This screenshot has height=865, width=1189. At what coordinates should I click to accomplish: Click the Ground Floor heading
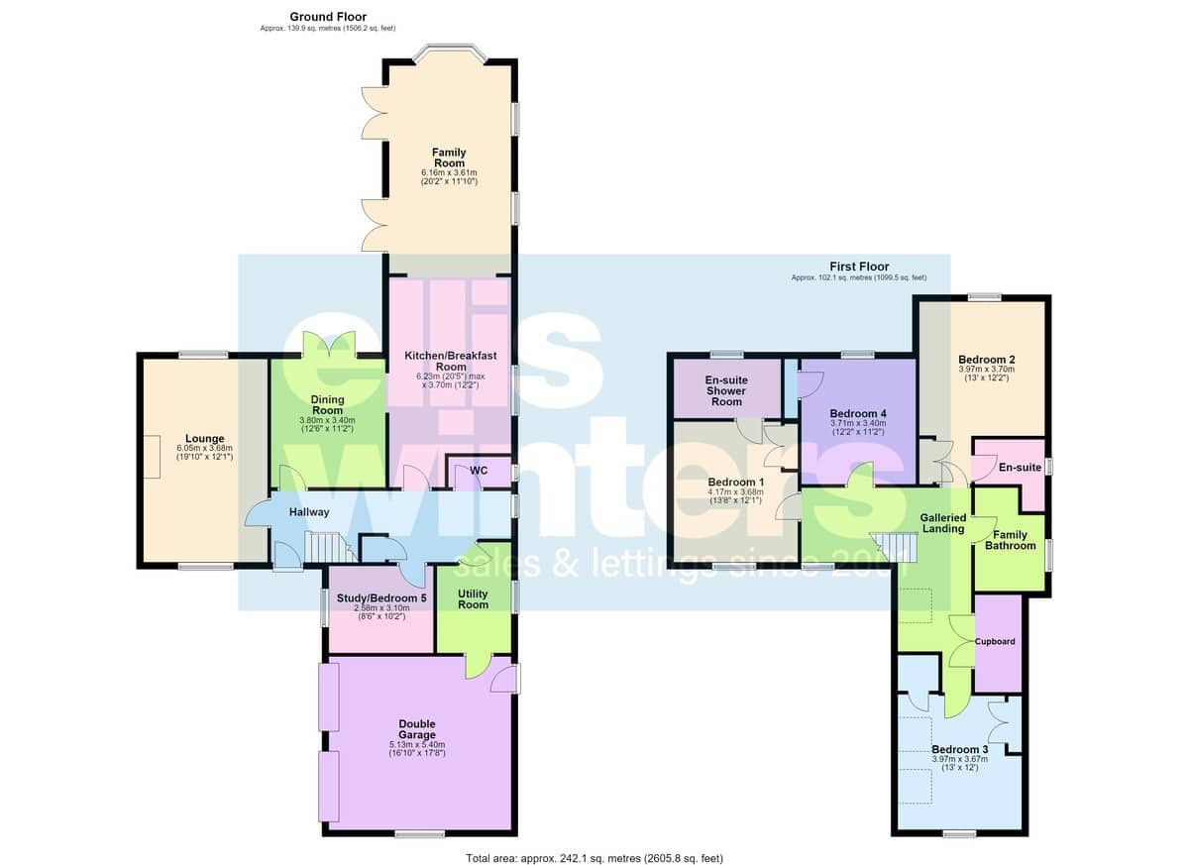point(328,17)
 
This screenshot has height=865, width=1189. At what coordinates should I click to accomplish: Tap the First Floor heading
point(859,267)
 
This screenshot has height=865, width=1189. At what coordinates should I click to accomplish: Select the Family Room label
point(449,158)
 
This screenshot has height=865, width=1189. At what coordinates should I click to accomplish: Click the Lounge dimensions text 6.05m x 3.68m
point(205,449)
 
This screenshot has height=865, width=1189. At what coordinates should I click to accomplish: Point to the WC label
point(479,471)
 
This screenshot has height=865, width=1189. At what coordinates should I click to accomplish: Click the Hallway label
point(309,512)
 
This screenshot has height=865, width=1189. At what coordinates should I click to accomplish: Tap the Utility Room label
point(473,599)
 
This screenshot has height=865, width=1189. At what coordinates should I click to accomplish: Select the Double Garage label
point(417,729)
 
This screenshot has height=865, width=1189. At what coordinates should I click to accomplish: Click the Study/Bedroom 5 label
point(381,598)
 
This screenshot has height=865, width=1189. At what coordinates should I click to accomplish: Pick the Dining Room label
point(328,405)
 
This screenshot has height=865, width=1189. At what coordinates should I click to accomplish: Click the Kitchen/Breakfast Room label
point(451,361)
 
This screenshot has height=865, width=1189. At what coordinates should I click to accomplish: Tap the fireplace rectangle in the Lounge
point(152,457)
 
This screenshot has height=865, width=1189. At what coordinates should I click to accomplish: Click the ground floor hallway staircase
point(330,548)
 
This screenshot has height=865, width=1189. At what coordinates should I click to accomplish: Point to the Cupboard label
point(995,641)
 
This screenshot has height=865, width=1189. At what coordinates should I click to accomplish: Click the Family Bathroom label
point(1010,540)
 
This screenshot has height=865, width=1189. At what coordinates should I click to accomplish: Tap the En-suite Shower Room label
point(726,390)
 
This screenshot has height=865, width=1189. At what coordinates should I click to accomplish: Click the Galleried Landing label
point(943,523)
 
